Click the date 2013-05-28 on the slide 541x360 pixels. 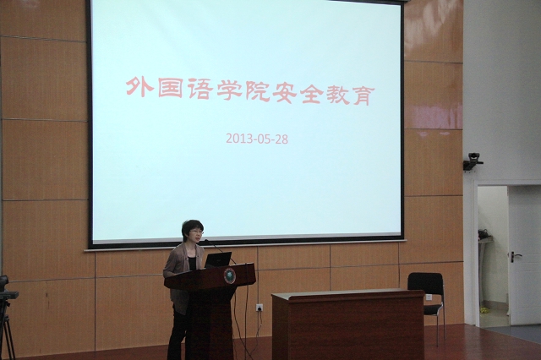pos(257,139)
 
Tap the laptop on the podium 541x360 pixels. pos(218,259)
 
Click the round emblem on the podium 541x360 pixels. pos(230,275)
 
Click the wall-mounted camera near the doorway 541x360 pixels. pos(473,161)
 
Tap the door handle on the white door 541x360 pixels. pos(515,257)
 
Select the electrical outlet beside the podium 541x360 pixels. pos(260,308)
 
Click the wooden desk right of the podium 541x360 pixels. pos(347,325)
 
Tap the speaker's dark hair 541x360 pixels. pos(192,226)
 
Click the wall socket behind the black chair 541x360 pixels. pos(429,297)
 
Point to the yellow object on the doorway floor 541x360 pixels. pos(484,310)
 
